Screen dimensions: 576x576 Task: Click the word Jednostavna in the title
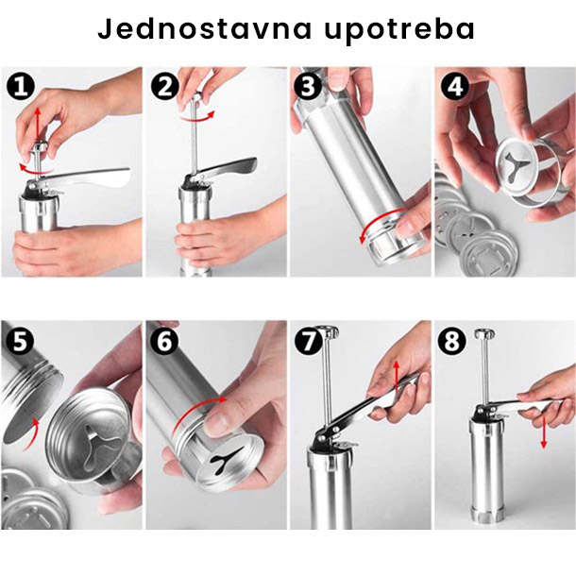pos(205,29)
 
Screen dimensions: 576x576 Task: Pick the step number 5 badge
pos(20,341)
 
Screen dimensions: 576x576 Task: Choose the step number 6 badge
pos(164,341)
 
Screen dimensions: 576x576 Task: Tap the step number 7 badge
pos(309,341)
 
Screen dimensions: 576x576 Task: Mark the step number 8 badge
pos(452,341)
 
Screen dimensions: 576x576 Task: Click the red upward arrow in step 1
pos(37,124)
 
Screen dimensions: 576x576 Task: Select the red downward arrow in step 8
pos(544,431)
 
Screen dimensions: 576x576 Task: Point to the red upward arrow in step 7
pos(396,378)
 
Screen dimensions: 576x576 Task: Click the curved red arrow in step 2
pos(196,119)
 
